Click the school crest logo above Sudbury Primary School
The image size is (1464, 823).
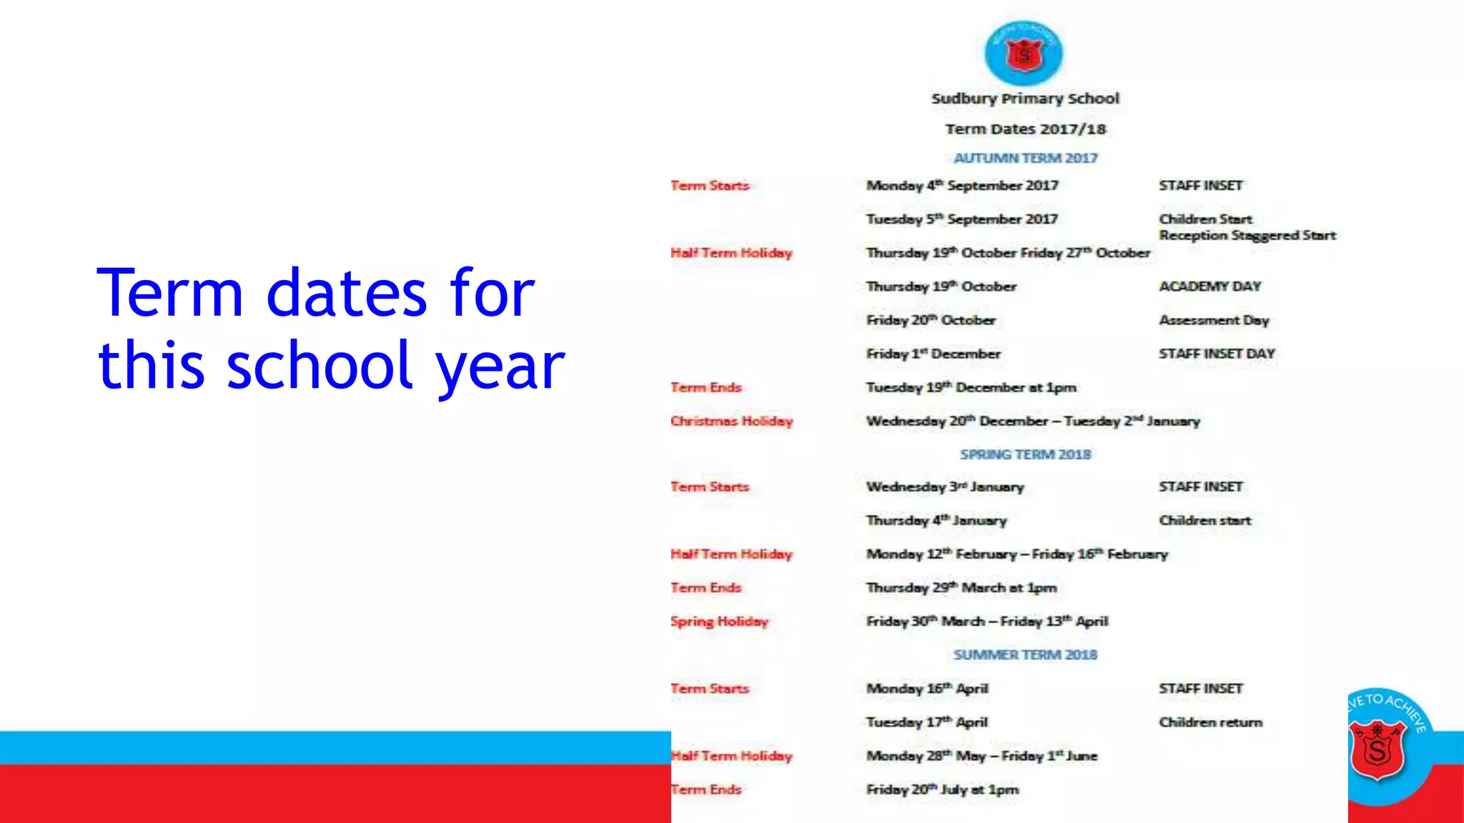(x=1024, y=53)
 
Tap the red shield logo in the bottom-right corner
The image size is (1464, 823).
(x=1377, y=749)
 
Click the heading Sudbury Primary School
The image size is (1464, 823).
(x=1025, y=99)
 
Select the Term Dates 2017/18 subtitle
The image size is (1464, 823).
(x=1025, y=129)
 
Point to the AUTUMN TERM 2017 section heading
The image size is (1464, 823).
(x=1025, y=158)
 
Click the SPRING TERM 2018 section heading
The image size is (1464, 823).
(x=1025, y=454)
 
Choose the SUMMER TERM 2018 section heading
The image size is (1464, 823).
(x=1025, y=654)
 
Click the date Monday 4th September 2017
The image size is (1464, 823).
(x=961, y=186)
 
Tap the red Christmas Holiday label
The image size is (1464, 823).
(x=731, y=421)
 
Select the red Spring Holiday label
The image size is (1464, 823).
(x=719, y=622)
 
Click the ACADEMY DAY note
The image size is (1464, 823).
(x=1210, y=286)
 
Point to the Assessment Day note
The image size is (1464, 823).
(x=1214, y=320)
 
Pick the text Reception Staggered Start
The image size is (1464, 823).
(x=1247, y=236)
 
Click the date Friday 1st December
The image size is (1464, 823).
(x=933, y=354)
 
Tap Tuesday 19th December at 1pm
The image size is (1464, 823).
(x=971, y=387)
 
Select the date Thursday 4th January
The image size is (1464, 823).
(x=936, y=521)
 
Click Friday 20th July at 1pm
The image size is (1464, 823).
(x=942, y=789)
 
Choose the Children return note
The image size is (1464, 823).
(x=1210, y=722)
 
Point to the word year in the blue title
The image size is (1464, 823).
(x=500, y=366)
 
